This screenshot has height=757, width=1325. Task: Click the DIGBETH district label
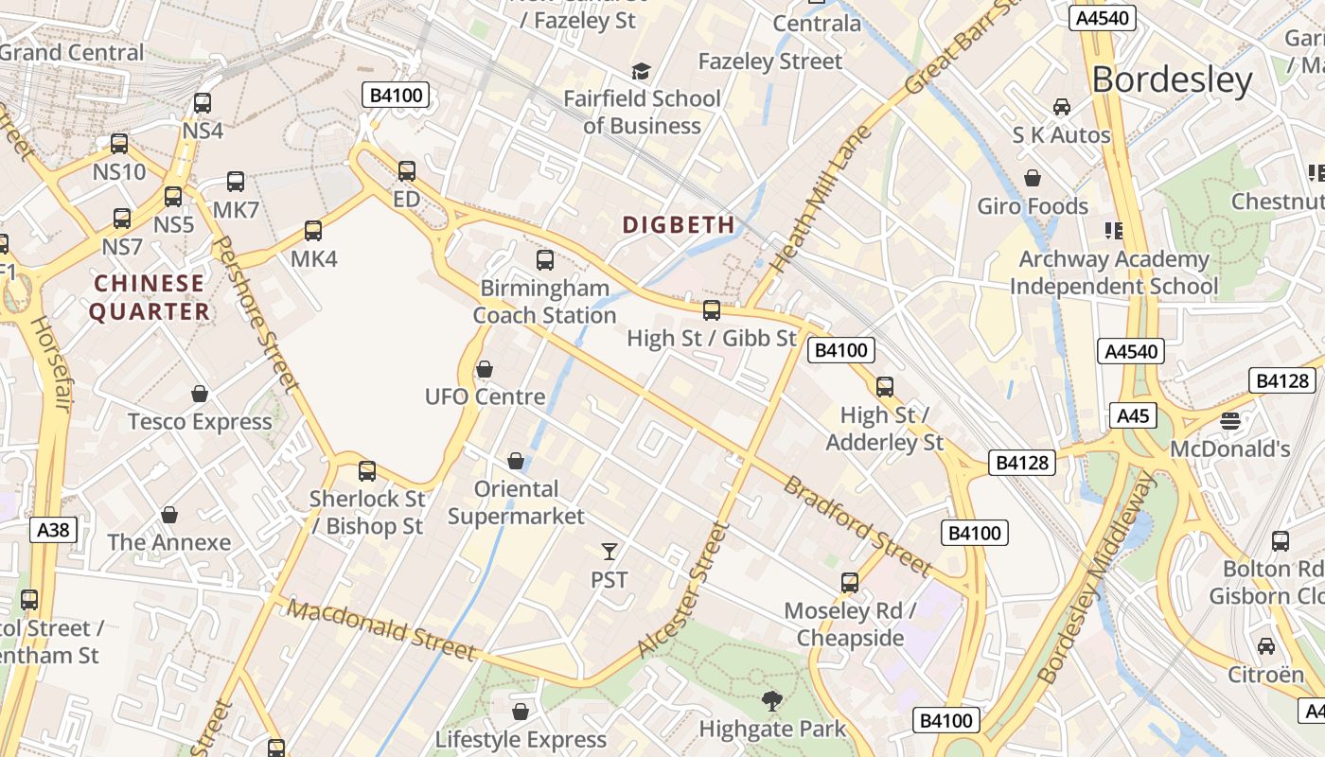(x=679, y=224)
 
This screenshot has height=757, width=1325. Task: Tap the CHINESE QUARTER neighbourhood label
(x=150, y=297)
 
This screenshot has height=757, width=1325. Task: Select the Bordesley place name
(x=1172, y=80)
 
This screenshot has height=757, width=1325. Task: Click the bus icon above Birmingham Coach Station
(x=545, y=260)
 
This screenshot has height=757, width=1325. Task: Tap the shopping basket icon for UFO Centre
(x=485, y=369)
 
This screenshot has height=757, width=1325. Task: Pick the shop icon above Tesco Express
(x=200, y=394)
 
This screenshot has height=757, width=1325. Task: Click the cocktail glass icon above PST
(x=609, y=551)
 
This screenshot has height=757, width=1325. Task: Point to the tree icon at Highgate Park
(x=772, y=701)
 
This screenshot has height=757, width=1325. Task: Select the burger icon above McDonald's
(x=1230, y=421)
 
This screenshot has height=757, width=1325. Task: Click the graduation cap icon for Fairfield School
(x=642, y=72)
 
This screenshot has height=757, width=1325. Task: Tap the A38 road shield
(x=53, y=530)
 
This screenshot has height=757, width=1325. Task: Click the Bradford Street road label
(x=857, y=526)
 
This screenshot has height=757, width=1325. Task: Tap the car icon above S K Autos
(x=1062, y=107)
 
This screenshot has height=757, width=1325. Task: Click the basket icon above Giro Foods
(x=1033, y=178)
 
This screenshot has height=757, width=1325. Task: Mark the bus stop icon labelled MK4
(x=313, y=231)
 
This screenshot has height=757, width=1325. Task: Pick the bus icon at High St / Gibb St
(x=712, y=310)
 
